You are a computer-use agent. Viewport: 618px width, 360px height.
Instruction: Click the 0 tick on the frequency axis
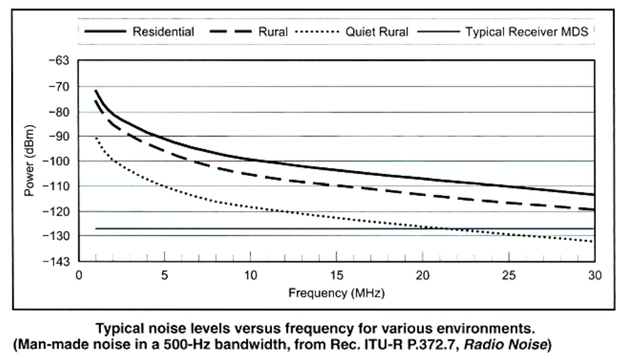coord(79,275)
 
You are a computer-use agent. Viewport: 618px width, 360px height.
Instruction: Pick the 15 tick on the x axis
coord(335,275)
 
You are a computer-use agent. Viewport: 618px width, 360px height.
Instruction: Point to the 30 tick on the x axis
coord(593,275)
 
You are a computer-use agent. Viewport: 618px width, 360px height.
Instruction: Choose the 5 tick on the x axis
coord(164,275)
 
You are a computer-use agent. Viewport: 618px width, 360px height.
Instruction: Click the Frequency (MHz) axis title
coord(335,292)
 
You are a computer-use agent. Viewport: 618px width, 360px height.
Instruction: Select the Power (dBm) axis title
coord(29,161)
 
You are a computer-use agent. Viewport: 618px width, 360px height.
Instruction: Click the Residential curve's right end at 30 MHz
coord(592,194)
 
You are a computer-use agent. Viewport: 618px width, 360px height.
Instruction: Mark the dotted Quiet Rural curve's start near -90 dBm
coord(96,138)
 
